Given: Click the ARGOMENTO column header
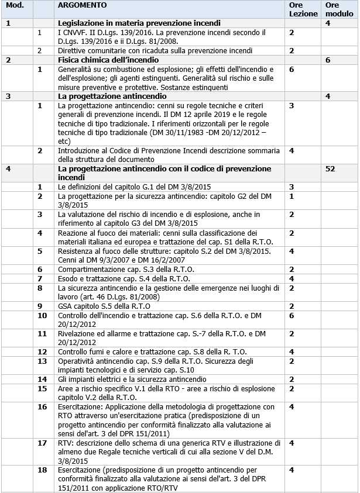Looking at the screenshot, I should pyautogui.click(x=83, y=5).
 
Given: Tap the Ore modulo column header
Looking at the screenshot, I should pyautogui.click(x=332, y=9).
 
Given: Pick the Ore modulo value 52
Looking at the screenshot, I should pyautogui.click(x=331, y=168).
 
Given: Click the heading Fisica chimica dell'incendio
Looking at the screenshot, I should pyautogui.click(x=108, y=60).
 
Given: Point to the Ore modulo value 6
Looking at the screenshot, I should pyautogui.click(x=328, y=60).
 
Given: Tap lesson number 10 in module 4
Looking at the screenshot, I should pyautogui.click(x=42, y=315).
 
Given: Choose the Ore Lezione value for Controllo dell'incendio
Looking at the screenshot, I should pyautogui.click(x=292, y=315).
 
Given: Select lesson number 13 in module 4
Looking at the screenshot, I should pyautogui.click(x=42, y=361).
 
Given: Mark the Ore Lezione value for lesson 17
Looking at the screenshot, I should pyautogui.click(x=292, y=443).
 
